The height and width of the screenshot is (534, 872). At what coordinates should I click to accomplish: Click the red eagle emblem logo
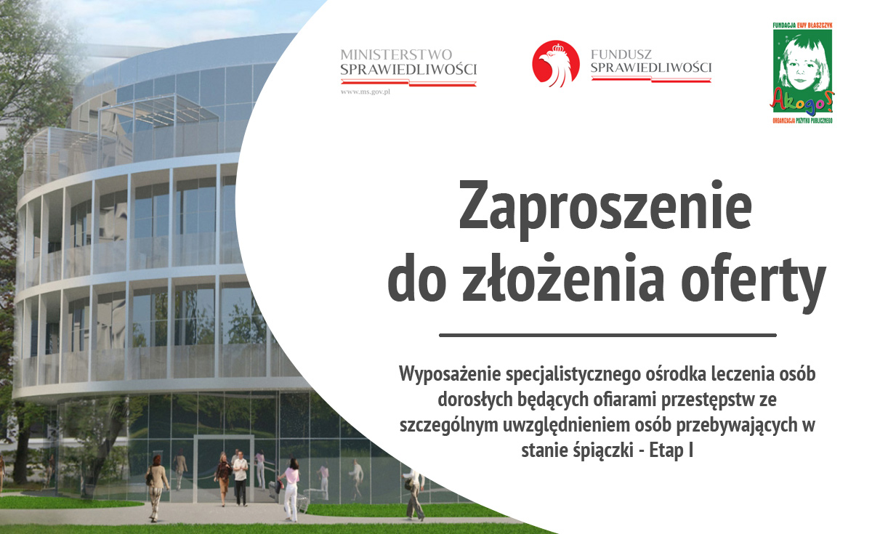pyautogui.click(x=555, y=63)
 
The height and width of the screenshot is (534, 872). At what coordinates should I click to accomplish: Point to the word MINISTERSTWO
pyautogui.click(x=396, y=54)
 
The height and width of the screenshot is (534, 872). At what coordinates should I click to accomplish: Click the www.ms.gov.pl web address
pyautogui.click(x=365, y=92)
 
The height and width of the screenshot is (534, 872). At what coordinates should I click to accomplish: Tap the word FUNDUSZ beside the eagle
pyautogui.click(x=615, y=54)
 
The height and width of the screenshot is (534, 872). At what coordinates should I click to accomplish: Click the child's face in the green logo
pyautogui.click(x=802, y=62)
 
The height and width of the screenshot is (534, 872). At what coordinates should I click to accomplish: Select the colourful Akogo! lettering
pyautogui.click(x=802, y=102)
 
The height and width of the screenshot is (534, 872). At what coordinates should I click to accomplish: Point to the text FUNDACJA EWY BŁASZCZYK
pyautogui.click(x=802, y=25)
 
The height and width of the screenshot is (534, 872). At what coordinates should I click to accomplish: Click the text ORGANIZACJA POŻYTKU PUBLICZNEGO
pyautogui.click(x=802, y=121)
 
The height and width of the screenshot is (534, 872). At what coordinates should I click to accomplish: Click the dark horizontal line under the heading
pyautogui.click(x=607, y=335)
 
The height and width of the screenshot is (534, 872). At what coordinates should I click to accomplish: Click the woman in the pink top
pyautogui.click(x=291, y=490)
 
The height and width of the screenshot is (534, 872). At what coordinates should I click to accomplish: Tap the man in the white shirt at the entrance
pyautogui.click(x=241, y=478)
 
